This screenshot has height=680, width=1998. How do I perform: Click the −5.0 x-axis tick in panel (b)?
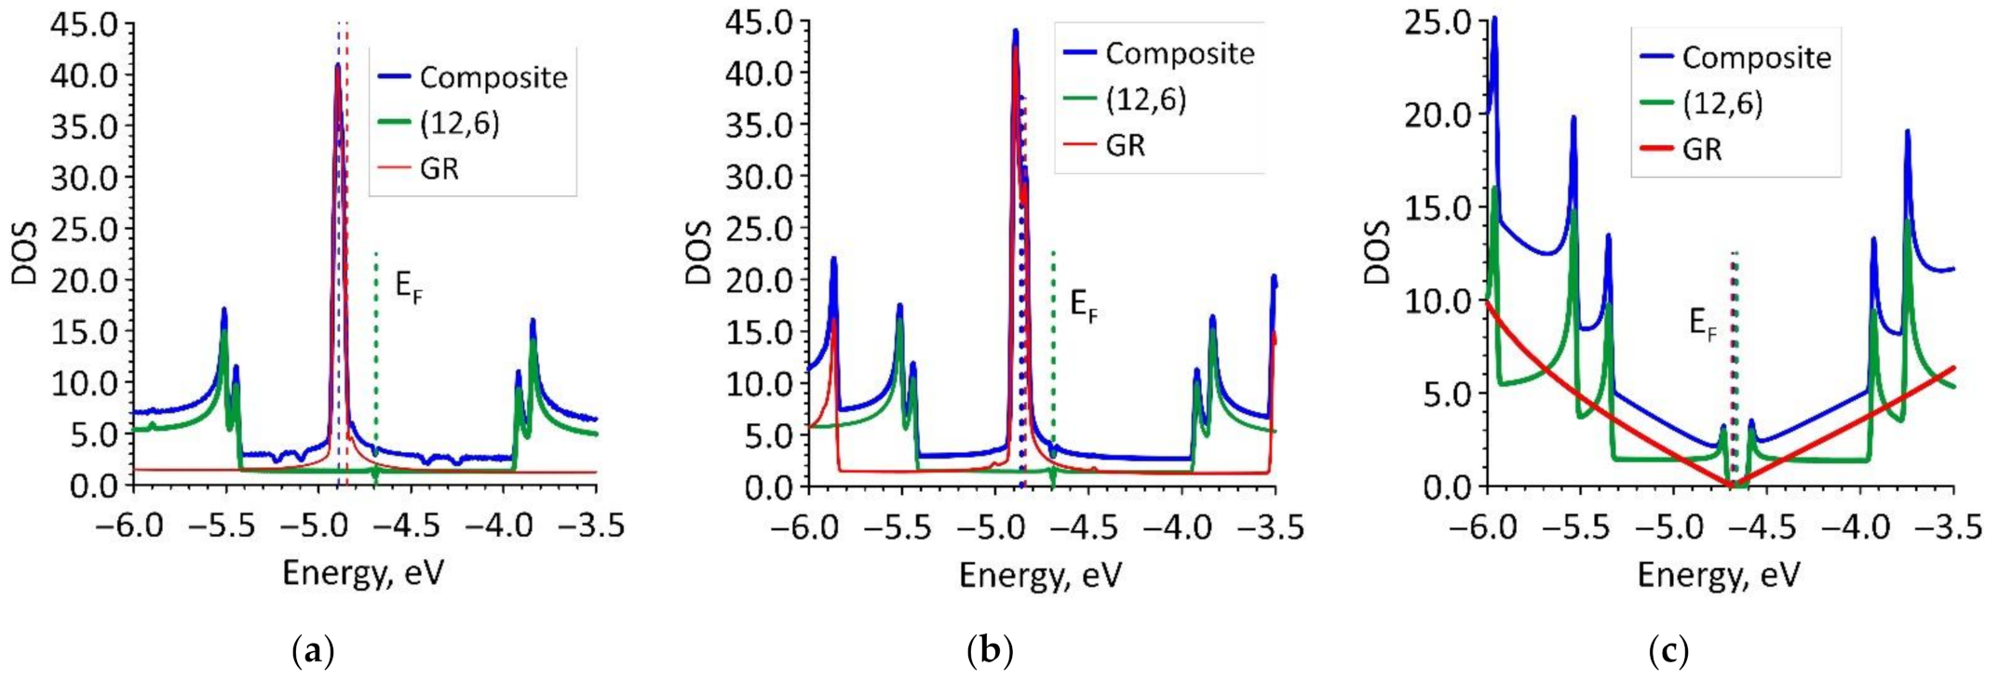point(992,527)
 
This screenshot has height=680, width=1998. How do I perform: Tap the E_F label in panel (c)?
point(1703,324)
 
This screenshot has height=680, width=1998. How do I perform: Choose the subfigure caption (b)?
point(990,650)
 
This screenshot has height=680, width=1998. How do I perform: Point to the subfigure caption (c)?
point(1667,650)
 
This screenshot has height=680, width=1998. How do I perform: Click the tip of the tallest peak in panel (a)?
point(337,65)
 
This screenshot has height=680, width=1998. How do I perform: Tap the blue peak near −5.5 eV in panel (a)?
point(223,310)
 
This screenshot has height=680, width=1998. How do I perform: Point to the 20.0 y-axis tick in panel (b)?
point(759,280)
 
